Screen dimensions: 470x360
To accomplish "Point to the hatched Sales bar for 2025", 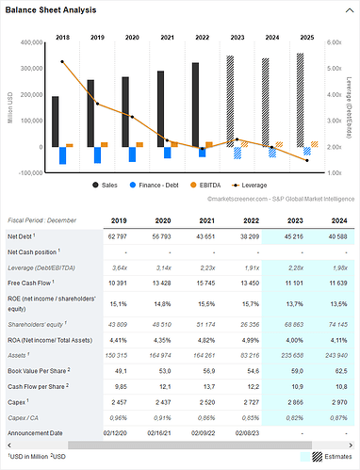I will (x=300, y=99).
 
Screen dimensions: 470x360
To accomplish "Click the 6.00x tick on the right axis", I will (x=334, y=42).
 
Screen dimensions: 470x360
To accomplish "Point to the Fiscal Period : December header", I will (x=50, y=219).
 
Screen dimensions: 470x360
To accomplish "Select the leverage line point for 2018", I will (x=62, y=62).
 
